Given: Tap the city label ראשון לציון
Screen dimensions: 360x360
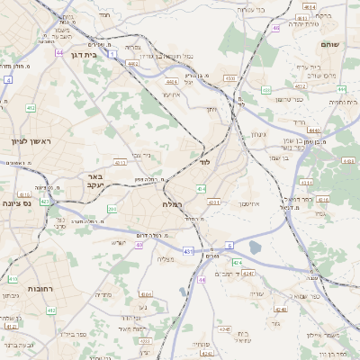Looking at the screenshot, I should point(26,141).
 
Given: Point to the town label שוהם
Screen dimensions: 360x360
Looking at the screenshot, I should point(329,42).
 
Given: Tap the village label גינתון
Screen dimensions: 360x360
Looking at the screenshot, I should point(256,135).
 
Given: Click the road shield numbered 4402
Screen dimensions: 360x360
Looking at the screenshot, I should point(133,64).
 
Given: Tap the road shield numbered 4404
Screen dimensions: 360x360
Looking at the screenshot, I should point(172,81).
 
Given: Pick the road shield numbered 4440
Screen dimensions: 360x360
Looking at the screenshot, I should point(313,131).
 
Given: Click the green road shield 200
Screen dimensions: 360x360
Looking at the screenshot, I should point(112,210).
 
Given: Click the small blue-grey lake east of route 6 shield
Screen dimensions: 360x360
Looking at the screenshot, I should point(255,247).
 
